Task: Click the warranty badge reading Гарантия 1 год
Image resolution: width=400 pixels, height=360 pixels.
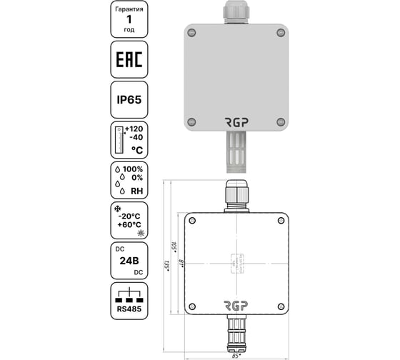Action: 129,19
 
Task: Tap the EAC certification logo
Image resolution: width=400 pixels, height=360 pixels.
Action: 129,62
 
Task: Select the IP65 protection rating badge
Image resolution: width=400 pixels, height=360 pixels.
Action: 129,101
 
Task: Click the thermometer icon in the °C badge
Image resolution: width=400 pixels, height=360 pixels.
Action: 119,140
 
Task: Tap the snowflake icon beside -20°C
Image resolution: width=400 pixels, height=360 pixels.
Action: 116,208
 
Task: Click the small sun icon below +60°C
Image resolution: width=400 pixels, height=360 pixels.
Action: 141,234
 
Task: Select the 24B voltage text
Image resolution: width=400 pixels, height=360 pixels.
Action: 129,261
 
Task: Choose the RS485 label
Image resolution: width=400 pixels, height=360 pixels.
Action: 129,310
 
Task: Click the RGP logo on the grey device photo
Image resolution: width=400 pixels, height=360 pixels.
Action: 237,121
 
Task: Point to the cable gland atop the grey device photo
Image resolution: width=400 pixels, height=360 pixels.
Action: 237,10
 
